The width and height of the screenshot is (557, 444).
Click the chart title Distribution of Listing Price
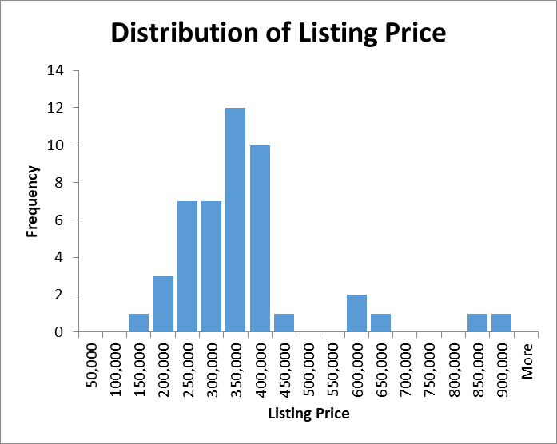(277, 33)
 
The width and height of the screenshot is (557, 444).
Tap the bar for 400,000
(260, 238)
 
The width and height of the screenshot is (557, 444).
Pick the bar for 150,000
(139, 323)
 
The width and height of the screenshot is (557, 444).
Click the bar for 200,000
(163, 303)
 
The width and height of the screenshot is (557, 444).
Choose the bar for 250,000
(187, 266)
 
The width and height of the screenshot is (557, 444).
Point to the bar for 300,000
(211, 266)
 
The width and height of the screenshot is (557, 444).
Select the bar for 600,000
(356, 313)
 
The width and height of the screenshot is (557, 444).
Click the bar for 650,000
(380, 323)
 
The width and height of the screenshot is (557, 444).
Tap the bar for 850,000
(477, 323)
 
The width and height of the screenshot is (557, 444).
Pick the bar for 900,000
(501, 323)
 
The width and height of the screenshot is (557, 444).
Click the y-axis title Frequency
(32, 200)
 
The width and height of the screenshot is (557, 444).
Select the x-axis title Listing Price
(308, 414)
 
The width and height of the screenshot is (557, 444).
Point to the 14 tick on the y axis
(56, 70)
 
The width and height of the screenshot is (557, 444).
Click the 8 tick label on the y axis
(60, 182)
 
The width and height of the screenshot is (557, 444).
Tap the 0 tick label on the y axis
(60, 332)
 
